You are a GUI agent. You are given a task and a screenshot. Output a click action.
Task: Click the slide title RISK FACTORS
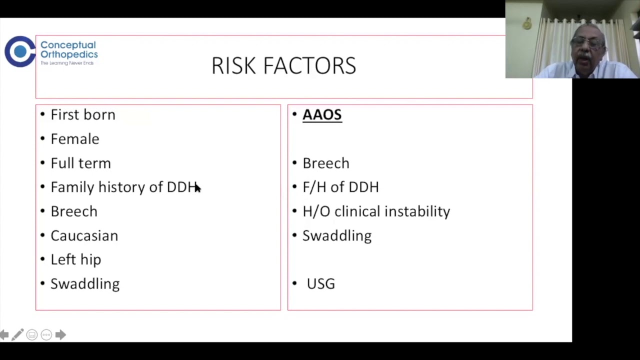tap(283, 66)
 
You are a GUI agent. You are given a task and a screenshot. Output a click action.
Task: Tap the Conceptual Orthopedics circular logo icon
tap(19, 51)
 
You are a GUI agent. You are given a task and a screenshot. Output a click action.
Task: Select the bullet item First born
tap(83, 114)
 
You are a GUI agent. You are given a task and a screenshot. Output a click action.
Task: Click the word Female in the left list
tap(75, 139)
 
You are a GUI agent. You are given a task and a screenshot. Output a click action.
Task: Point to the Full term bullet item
tap(80, 163)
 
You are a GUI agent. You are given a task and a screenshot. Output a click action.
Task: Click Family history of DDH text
tap(123, 187)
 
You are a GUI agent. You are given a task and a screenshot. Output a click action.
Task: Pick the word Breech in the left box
tap(74, 211)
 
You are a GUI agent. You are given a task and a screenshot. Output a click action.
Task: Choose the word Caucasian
tap(84, 235)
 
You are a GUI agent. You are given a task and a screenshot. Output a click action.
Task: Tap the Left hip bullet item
tap(76, 259)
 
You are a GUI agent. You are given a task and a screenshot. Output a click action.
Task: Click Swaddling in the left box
tap(85, 284)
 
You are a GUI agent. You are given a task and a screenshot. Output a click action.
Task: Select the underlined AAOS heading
tap(322, 114)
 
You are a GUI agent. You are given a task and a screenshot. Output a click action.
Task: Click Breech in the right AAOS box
tap(326, 163)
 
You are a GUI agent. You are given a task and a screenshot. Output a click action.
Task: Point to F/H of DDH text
tap(340, 187)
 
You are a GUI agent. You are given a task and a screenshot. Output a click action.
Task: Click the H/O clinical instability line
tap(376, 211)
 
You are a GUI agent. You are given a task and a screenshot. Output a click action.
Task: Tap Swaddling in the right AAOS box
tap(337, 235)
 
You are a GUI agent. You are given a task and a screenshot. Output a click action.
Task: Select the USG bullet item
tap(320, 284)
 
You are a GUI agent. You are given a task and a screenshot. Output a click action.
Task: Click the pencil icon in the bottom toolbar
tap(17, 334)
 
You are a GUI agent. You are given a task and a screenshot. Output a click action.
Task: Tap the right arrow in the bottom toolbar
tap(60, 334)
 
